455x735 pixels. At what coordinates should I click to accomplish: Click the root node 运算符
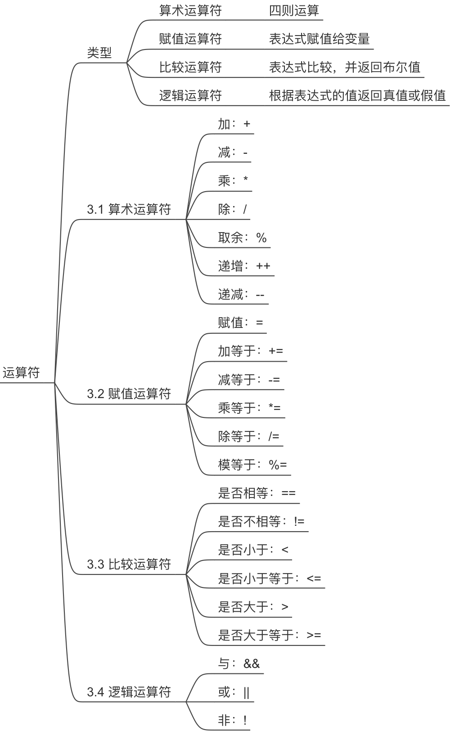coord(22,372)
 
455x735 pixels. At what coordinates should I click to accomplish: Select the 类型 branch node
coord(99,53)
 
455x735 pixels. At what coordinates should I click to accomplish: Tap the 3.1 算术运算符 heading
coord(129,209)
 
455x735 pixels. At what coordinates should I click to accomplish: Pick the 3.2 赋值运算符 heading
coord(129,394)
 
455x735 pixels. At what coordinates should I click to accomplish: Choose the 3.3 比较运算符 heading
coord(129,564)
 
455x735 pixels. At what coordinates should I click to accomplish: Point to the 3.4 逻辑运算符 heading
coord(129,691)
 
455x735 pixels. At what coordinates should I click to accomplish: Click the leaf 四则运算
coord(294,10)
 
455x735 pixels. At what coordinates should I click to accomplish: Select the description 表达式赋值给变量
coord(319,39)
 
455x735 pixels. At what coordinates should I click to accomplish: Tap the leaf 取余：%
coord(242,238)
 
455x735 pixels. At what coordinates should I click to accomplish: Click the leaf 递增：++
coord(244,266)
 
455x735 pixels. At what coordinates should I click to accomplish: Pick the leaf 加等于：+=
coord(250,351)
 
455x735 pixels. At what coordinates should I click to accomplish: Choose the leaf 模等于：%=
coord(252,465)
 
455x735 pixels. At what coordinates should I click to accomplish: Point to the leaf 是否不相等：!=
coord(261,521)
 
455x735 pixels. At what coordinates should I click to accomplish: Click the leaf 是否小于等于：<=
coord(269,578)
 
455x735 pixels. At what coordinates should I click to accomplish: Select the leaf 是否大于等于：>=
coord(269,635)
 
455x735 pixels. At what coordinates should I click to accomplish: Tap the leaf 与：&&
coord(239,663)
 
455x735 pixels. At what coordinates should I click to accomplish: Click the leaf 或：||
coord(234,692)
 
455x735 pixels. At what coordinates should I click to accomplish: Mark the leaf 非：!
coord(232,721)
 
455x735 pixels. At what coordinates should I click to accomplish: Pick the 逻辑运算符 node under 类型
coord(190,95)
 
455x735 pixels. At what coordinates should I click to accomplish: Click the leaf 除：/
coord(232,209)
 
